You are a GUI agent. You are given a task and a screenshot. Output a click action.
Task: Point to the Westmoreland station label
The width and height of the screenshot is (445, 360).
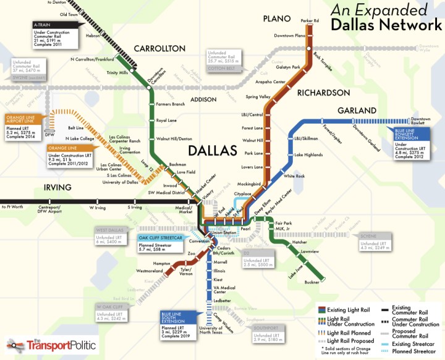point(149,270)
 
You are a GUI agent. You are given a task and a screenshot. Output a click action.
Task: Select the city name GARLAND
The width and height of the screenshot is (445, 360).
point(356,110)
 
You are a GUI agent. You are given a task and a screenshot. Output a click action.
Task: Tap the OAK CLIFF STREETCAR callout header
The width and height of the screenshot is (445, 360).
point(159,237)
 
